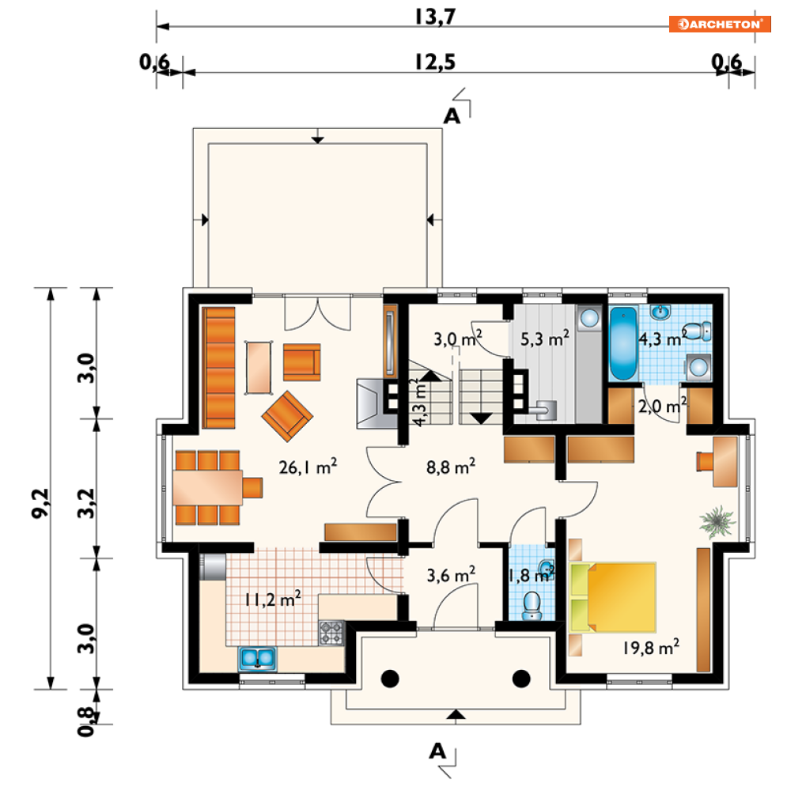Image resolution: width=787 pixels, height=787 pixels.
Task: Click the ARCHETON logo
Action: pyautogui.click(x=719, y=24)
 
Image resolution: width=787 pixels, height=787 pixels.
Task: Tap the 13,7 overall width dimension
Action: pyautogui.click(x=435, y=16)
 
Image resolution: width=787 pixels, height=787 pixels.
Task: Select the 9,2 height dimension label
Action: pyautogui.click(x=40, y=503)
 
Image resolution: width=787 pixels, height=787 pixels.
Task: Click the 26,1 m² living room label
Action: pyautogui.click(x=308, y=467)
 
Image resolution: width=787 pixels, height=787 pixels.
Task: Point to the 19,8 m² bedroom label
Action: pyautogui.click(x=651, y=647)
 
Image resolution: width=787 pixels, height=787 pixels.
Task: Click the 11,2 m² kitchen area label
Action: pyautogui.click(x=273, y=599)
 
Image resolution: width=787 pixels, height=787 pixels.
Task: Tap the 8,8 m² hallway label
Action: pyautogui.click(x=451, y=467)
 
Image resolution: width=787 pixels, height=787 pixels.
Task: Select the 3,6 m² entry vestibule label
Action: pyautogui.click(x=451, y=575)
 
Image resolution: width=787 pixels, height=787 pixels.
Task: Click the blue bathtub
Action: pyautogui.click(x=622, y=344)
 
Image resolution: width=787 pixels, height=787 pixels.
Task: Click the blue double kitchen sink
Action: pyautogui.click(x=258, y=659)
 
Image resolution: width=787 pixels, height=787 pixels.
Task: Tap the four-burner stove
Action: pyautogui.click(x=331, y=633)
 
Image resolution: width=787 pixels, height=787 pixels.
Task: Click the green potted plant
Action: pyautogui.click(x=717, y=522)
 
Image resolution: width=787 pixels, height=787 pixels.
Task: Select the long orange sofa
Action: pyautogui.click(x=218, y=368)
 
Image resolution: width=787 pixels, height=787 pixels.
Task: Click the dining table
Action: pyautogui.click(x=207, y=487)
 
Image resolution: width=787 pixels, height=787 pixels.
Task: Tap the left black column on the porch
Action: pyautogui.click(x=390, y=679)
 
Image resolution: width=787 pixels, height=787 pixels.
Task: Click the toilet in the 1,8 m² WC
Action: pyautogui.click(x=531, y=605)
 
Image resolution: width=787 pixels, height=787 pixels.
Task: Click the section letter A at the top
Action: pyautogui.click(x=452, y=116)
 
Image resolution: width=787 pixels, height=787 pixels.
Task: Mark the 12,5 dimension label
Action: pyautogui.click(x=435, y=62)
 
